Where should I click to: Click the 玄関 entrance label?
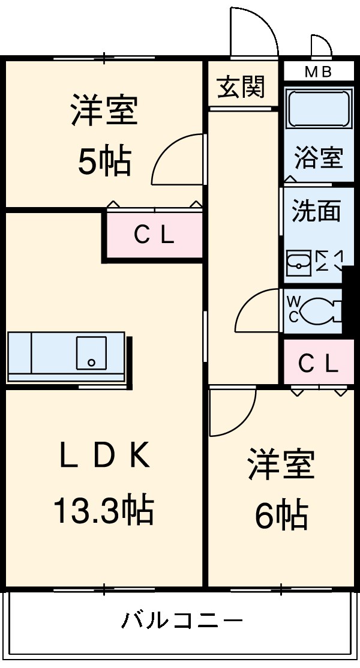click(241, 88)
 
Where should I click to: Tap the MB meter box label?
click(318, 72)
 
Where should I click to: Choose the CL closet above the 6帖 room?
click(318, 363)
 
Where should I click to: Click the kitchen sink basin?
click(91, 352)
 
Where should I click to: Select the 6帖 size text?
click(281, 514)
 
